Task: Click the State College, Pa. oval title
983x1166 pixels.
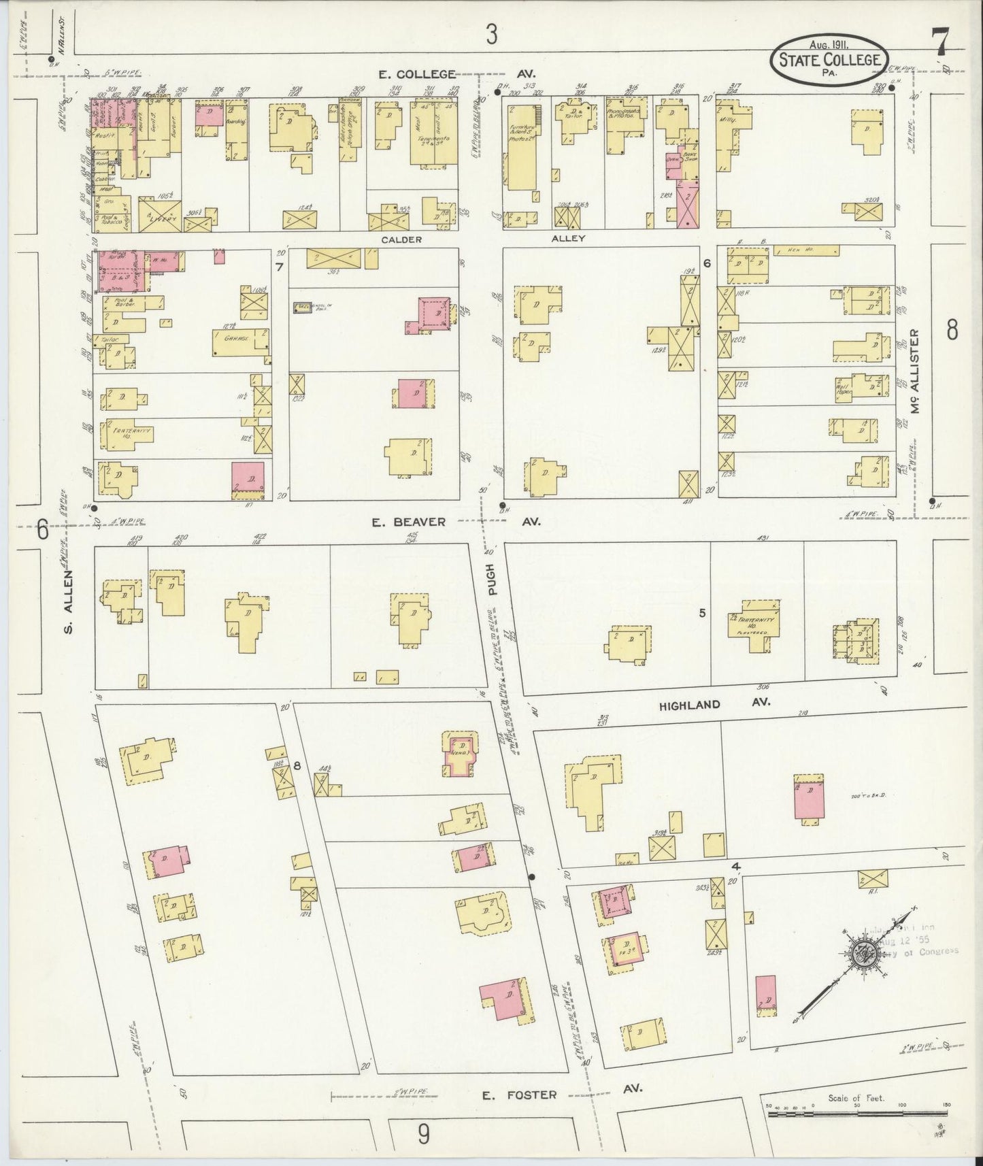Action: (829, 61)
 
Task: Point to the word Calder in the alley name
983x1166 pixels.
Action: (401, 239)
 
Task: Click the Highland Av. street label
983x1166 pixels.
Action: (714, 704)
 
